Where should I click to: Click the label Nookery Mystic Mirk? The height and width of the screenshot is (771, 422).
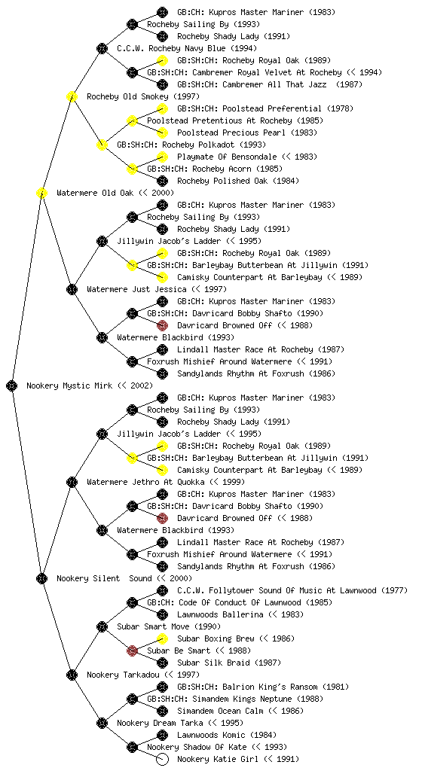click(x=72, y=385)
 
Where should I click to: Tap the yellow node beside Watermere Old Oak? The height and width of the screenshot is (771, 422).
click(x=41, y=193)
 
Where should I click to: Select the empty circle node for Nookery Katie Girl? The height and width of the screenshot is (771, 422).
click(x=162, y=759)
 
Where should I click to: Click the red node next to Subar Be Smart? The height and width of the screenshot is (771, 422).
click(x=132, y=651)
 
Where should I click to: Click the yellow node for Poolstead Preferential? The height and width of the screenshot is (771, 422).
click(x=162, y=108)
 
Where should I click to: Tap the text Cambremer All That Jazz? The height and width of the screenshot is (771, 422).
click(x=277, y=84)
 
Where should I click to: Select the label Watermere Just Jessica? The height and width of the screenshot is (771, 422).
click(x=136, y=289)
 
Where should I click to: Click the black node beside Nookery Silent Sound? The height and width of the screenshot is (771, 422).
click(x=41, y=578)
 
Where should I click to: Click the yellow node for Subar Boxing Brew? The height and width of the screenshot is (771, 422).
click(x=162, y=638)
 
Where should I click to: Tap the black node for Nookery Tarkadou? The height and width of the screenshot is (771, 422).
click(x=72, y=675)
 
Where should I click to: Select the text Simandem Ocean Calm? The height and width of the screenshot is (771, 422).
click(x=220, y=711)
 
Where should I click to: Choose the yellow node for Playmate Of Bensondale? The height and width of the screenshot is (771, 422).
click(x=162, y=157)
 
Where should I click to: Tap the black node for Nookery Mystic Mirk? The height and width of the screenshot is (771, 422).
click(x=12, y=385)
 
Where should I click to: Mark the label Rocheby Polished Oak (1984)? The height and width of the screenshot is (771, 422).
click(x=238, y=181)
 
